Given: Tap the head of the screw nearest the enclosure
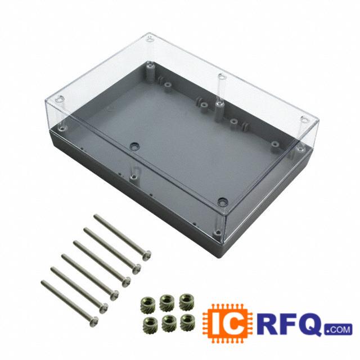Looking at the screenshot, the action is tap(146, 255).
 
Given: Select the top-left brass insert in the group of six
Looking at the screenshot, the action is tap(146, 304).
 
